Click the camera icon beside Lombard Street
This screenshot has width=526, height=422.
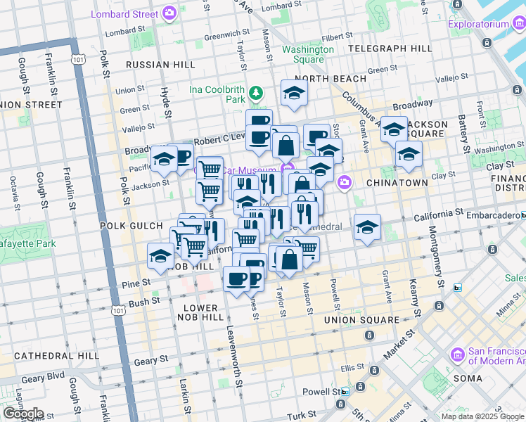click(x=169, y=13)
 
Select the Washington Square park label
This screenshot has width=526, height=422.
click(x=308, y=54)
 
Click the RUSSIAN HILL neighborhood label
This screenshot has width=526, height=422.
click(x=160, y=65)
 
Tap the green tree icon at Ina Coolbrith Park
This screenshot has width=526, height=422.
click(x=257, y=92)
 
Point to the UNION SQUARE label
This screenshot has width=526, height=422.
click(x=361, y=320)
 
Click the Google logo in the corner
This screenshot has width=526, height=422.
click(x=23, y=414)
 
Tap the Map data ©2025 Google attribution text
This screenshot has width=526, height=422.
click(x=482, y=416)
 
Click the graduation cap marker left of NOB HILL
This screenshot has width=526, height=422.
click(x=161, y=257)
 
